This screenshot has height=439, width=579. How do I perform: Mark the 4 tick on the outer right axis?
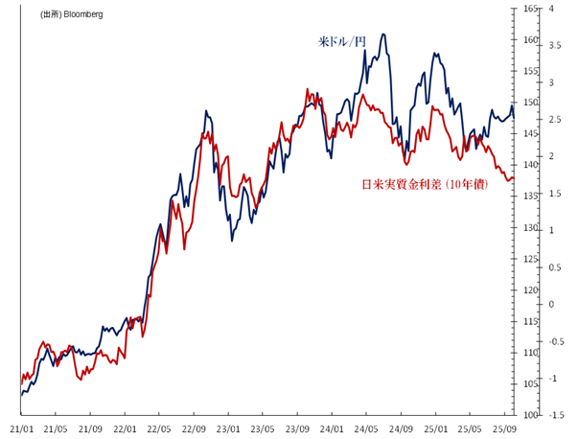560,9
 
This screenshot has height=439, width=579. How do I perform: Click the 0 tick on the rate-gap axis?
560,304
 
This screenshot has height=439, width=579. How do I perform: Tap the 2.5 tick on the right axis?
560,119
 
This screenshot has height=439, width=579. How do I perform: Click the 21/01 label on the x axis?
22,429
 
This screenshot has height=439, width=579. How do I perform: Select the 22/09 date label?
195,429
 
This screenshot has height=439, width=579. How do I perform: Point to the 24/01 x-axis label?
333,429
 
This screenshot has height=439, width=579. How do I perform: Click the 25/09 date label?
505,429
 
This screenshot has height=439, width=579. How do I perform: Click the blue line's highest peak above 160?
383,35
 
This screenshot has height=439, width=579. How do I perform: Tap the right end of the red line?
515,179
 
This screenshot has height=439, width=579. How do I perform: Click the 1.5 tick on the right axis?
560,193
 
